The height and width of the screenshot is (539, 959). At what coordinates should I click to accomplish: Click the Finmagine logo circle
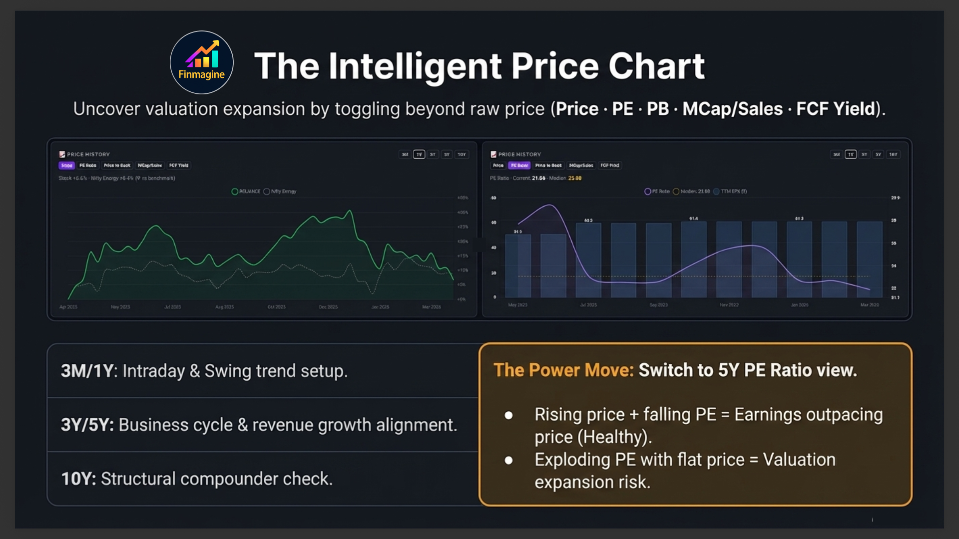201,62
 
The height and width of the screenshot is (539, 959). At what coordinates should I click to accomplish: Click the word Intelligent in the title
415,66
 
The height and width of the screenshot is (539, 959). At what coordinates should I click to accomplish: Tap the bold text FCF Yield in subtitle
836,109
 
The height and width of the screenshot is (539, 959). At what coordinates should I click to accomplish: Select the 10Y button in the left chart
462,155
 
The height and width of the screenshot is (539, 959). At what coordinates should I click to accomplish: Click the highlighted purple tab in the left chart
66,165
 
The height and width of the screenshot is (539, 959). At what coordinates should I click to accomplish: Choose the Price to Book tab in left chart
117,165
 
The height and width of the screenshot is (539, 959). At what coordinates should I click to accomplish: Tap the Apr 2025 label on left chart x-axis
68,307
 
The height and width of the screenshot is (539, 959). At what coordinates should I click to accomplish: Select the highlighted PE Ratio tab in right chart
519,165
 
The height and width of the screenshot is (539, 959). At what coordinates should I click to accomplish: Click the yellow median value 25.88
574,178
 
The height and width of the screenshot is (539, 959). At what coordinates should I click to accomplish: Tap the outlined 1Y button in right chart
851,155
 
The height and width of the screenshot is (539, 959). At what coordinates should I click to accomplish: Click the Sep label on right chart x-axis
658,305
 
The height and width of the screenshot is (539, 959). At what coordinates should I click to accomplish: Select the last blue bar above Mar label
869,260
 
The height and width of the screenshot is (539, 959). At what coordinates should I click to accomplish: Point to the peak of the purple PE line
549,205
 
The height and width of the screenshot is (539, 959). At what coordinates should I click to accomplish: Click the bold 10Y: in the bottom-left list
78,479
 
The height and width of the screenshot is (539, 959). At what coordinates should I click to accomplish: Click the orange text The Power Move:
563,370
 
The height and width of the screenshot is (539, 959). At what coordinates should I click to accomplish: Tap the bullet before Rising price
508,415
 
